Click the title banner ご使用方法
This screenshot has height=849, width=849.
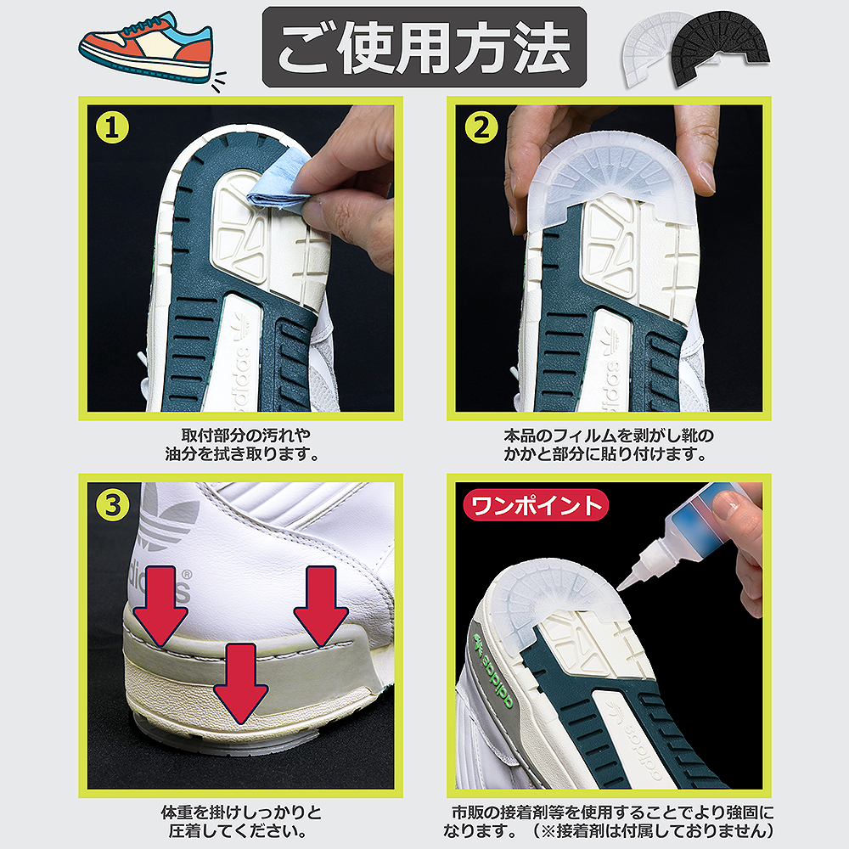click(x=424, y=47)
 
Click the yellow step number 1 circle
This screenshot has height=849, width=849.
click(x=112, y=128)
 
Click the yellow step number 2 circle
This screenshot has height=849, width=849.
click(x=481, y=128)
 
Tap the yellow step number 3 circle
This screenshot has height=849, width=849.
click(x=112, y=506)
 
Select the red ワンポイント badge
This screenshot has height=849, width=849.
click(x=536, y=506)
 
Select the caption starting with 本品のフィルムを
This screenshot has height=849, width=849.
click(x=608, y=445)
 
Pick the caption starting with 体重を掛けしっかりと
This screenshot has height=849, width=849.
click(x=241, y=821)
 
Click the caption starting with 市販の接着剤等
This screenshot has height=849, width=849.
click(x=609, y=821)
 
